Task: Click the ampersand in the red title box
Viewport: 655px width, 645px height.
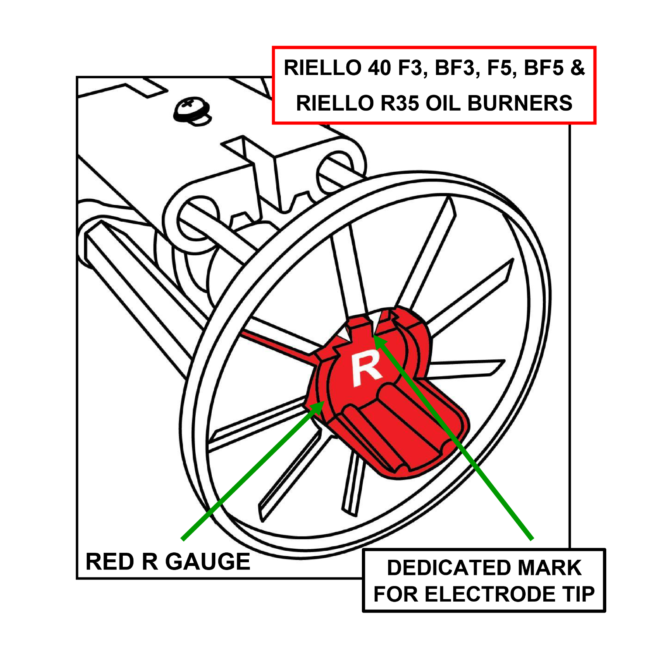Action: pos(577,68)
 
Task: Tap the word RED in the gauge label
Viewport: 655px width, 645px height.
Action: pos(110,561)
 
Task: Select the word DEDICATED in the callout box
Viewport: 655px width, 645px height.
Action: pos(442,568)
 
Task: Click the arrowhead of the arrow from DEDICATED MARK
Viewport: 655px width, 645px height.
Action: pos(378,340)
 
